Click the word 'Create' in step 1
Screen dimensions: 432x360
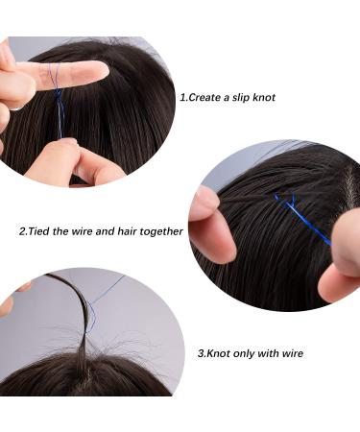point(211,97)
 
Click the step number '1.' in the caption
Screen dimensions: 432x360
point(184,97)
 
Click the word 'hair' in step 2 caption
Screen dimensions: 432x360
point(131,231)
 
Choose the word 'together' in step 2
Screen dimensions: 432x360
point(164,231)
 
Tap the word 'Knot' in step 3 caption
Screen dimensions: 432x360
point(218,353)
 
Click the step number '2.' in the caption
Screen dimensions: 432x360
point(24,231)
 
